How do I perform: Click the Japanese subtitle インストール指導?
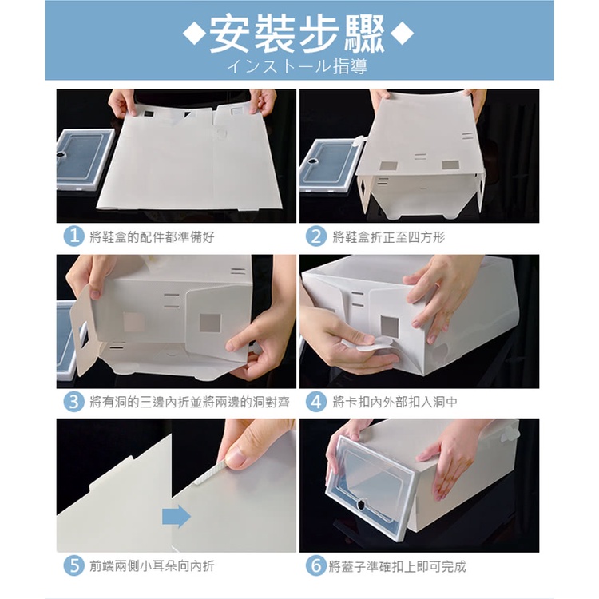coord(297,66)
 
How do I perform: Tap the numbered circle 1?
coord(73,236)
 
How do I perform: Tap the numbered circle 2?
coord(316,236)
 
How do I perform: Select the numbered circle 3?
coord(73,402)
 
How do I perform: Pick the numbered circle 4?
coord(316,402)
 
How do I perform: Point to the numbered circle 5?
coord(73,565)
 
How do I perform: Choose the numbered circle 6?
coord(316,565)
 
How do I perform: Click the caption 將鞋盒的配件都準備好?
coord(152,237)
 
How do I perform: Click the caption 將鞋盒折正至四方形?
coord(388,237)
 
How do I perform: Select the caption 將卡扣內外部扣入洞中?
coord(395,402)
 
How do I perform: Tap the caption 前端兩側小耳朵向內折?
coord(152,565)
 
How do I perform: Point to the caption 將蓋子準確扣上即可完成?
coord(397,565)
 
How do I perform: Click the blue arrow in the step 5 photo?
coord(177,516)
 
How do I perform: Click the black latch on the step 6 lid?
coord(361,505)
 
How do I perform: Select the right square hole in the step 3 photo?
coord(210,323)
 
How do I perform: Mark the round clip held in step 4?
coord(370,343)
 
